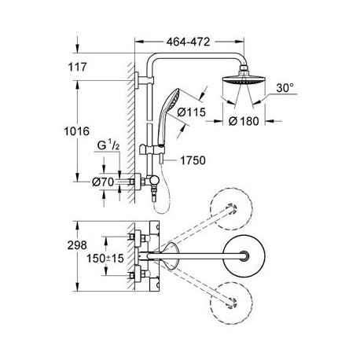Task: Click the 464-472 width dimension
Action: point(188,42)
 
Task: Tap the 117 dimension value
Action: point(77,67)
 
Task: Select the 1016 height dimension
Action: point(77,131)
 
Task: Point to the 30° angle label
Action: point(285,88)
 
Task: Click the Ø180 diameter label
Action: point(244,121)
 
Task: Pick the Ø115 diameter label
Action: point(191,112)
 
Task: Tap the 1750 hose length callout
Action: point(193,160)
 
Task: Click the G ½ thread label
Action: point(108,145)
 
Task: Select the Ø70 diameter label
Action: point(103,182)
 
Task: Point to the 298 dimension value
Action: point(77,245)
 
